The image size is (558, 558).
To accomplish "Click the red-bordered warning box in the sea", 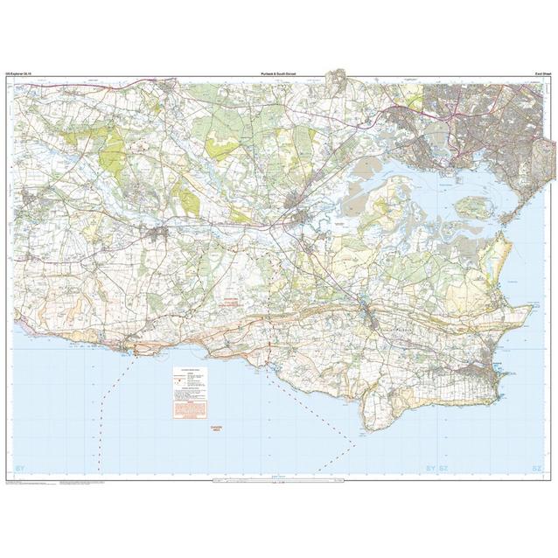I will (190, 392).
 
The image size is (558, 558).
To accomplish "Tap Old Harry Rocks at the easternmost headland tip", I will (530, 309).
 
